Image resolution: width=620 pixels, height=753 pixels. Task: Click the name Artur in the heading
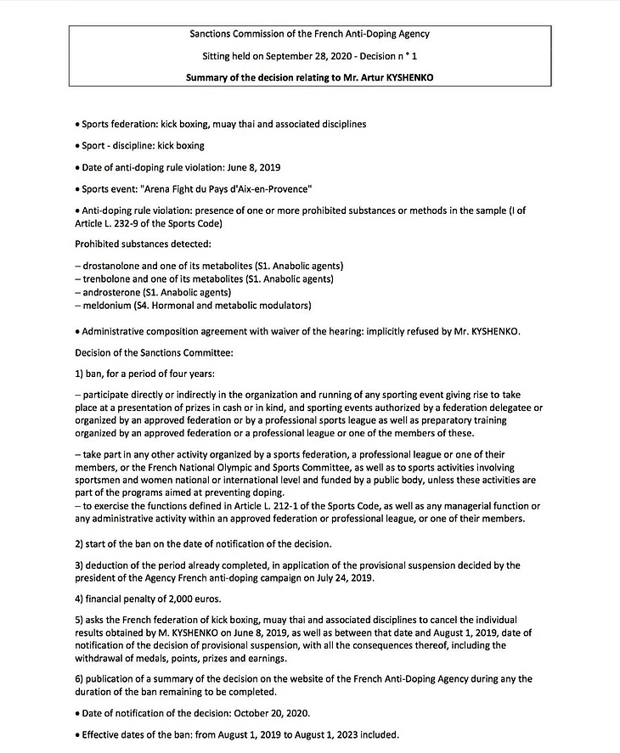(370, 77)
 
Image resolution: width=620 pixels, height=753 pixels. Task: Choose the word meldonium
(105, 305)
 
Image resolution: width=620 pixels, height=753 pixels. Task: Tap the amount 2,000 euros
(184, 597)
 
